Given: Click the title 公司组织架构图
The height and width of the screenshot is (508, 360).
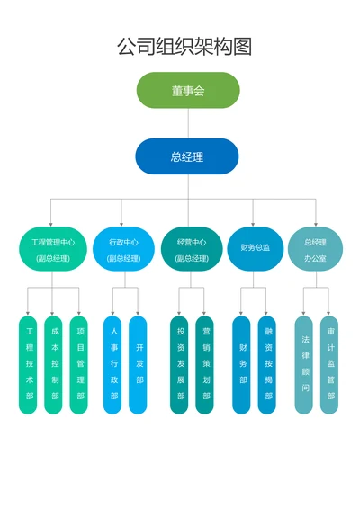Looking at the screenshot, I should pyautogui.click(x=184, y=46).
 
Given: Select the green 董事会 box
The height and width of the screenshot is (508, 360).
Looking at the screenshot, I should pyautogui.click(x=188, y=91).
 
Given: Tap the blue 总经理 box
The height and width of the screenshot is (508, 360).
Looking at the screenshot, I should pyautogui.click(x=187, y=156).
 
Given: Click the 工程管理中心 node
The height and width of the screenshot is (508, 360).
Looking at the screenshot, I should pyautogui.click(x=53, y=249).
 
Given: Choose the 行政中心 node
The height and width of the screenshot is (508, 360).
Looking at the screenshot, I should pyautogui.click(x=123, y=249).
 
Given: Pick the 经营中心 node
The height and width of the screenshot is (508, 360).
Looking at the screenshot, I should pyautogui.click(x=192, y=249).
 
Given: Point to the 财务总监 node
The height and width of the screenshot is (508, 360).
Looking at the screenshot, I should pyautogui.click(x=255, y=248).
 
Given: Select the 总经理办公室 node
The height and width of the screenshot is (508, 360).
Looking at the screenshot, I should pyautogui.click(x=315, y=249).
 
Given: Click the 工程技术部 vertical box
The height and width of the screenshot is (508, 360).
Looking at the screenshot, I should pyautogui.click(x=29, y=364).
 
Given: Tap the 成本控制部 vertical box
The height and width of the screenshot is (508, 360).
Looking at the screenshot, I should pyautogui.click(x=54, y=364).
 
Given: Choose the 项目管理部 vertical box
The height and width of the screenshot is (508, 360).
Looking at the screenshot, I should pyautogui.click(x=79, y=364).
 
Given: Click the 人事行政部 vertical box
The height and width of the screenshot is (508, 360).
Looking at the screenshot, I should pyautogui.click(x=112, y=364).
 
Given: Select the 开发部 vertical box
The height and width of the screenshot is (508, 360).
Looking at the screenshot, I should pyautogui.click(x=138, y=364).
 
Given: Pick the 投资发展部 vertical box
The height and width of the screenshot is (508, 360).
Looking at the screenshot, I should pyautogui.click(x=180, y=364).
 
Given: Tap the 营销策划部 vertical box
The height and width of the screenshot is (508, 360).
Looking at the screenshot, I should pyautogui.click(x=205, y=364).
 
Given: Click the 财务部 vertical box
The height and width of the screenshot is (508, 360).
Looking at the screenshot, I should pyautogui.click(x=242, y=364).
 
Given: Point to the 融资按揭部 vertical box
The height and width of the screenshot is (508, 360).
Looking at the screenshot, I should pyautogui.click(x=267, y=364).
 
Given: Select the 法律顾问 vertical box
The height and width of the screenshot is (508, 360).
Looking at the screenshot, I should pyautogui.click(x=304, y=364).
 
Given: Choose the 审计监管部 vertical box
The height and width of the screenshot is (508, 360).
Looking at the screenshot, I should pyautogui.click(x=329, y=364).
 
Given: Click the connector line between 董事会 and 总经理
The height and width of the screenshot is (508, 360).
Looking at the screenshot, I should pyautogui.click(x=188, y=123).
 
